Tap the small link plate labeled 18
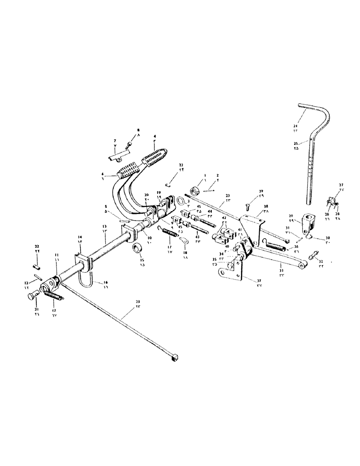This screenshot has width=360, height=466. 183,241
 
